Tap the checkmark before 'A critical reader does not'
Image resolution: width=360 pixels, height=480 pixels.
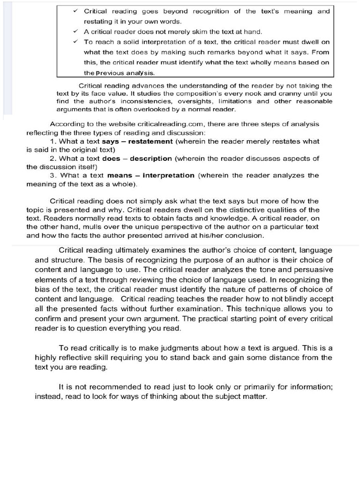75,31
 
